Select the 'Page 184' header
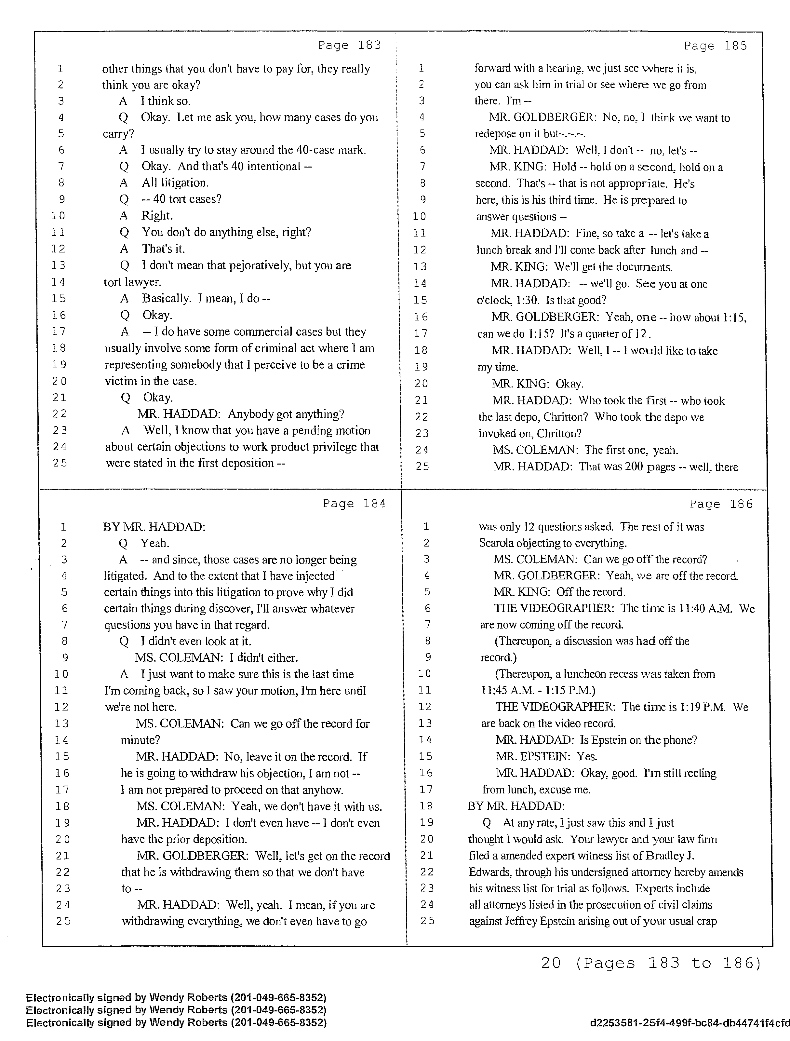tap(354, 504)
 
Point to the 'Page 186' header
tap(721, 504)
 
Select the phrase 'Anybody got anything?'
tap(286, 414)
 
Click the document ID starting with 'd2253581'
tap(689, 1023)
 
